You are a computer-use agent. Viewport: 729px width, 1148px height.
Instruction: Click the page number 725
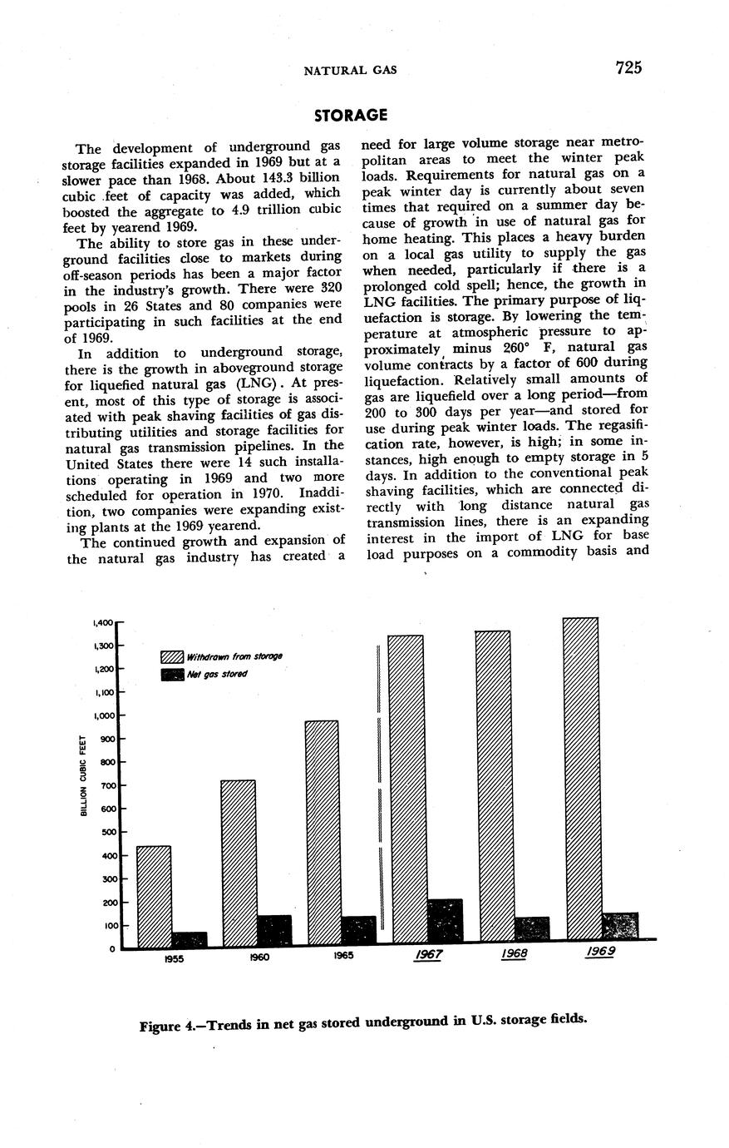pos(628,68)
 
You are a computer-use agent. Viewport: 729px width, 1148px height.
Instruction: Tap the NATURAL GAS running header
pos(350,70)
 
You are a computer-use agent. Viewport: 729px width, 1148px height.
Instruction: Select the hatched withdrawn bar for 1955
pos(154,896)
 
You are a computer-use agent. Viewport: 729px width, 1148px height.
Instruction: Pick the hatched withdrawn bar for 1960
pos(239,863)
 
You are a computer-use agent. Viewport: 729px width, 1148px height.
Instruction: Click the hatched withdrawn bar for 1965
pos(323,832)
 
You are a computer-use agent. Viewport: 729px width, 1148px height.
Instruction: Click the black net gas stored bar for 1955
pos(189,939)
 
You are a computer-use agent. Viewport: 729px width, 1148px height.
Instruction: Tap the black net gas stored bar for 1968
pos(531,929)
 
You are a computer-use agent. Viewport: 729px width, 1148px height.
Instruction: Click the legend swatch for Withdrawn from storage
pos(171,656)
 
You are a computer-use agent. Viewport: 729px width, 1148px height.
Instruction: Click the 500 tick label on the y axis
pos(105,832)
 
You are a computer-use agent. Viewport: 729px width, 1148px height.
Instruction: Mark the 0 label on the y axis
pos(111,949)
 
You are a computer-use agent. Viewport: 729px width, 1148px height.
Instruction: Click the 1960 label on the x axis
pos(259,957)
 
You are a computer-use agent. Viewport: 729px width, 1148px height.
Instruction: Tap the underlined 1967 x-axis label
pos(427,955)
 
